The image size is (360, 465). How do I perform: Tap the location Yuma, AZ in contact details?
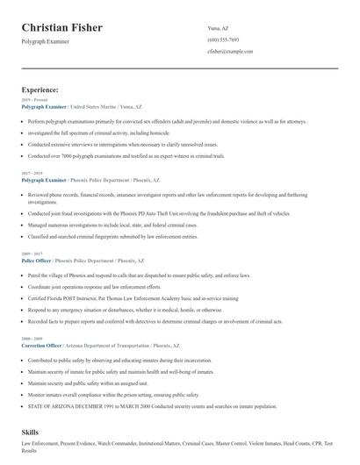(219, 27)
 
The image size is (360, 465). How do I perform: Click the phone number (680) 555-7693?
(224, 39)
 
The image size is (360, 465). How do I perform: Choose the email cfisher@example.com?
(230, 52)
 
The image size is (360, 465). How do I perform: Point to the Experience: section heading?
(40, 89)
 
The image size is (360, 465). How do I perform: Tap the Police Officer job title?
(36, 260)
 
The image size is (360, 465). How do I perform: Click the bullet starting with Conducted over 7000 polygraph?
(126, 154)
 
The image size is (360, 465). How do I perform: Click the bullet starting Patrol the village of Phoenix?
(139, 275)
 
